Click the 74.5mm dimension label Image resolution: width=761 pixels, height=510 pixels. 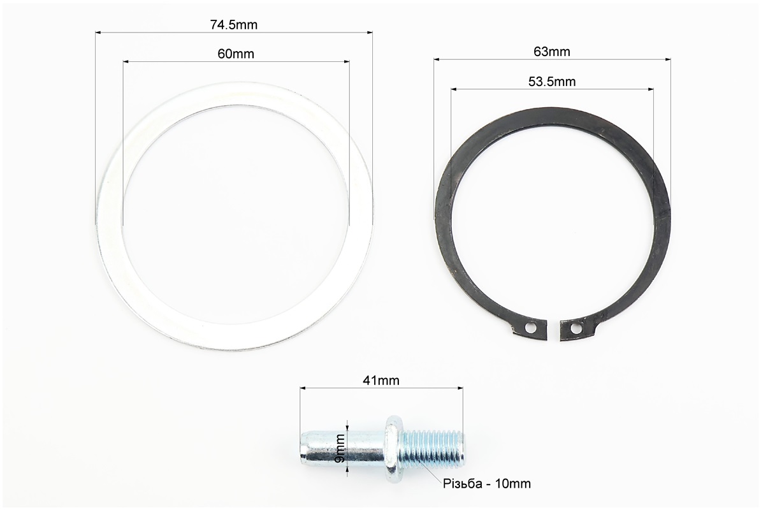click(x=233, y=25)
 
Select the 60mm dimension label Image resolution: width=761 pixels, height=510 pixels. click(x=236, y=54)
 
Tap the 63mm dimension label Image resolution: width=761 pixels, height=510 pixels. click(x=552, y=52)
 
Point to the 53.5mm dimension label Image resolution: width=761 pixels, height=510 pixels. click(x=552, y=82)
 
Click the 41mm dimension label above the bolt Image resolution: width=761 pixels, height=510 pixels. click(x=381, y=381)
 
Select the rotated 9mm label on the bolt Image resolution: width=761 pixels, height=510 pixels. click(x=340, y=448)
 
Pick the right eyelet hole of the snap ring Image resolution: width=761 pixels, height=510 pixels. click(x=575, y=330)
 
